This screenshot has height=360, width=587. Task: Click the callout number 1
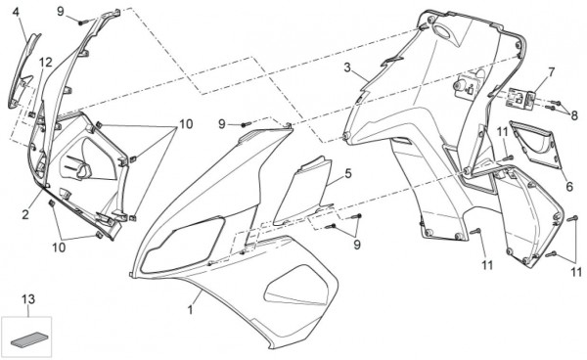pyautogui.click(x=190, y=309)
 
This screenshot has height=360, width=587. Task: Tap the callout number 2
pyautogui.click(x=25, y=215)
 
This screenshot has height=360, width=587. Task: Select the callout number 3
pyautogui.click(x=347, y=67)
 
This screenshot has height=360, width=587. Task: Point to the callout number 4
pyautogui.click(x=16, y=12)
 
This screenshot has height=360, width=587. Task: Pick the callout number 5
pyautogui.click(x=348, y=173)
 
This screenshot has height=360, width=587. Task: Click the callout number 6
pyautogui.click(x=569, y=187)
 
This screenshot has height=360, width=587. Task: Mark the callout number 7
pyautogui.click(x=552, y=71)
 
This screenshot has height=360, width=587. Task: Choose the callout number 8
pyautogui.click(x=574, y=115)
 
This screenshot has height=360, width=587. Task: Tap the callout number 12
pyautogui.click(x=46, y=63)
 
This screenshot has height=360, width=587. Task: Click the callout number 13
pyautogui.click(x=28, y=299)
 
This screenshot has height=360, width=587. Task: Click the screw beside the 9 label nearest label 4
pyautogui.click(x=82, y=22)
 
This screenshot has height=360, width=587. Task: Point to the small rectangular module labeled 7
pyautogui.click(x=520, y=98)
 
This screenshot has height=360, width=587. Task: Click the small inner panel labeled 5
pyautogui.click(x=301, y=191)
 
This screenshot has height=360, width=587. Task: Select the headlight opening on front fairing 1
pyautogui.click(x=184, y=246)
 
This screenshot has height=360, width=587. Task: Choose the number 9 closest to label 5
pyautogui.click(x=357, y=245)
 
